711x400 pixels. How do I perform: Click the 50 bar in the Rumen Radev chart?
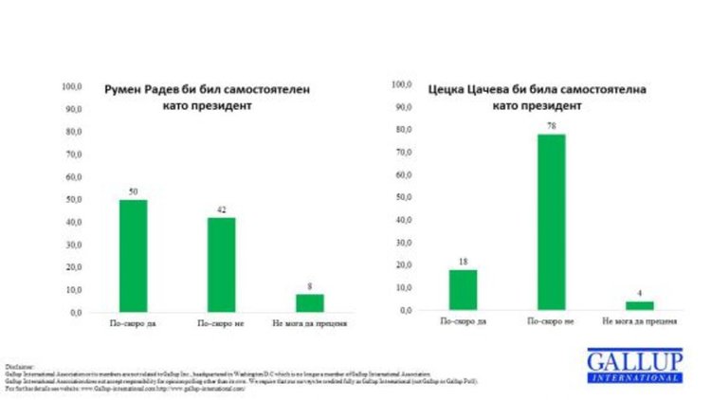(133, 256)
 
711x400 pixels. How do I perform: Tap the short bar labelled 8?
(309, 302)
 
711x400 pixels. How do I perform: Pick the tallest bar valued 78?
(552, 222)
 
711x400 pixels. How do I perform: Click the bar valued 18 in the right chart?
(463, 289)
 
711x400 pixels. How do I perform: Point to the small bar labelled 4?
(640, 305)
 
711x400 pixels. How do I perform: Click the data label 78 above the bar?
(552, 126)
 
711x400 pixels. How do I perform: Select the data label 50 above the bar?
(133, 191)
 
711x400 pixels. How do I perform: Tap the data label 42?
(221, 209)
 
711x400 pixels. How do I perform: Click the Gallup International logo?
(633, 366)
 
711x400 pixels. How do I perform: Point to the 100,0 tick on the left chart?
(73, 86)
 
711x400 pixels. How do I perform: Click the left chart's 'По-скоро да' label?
(133, 325)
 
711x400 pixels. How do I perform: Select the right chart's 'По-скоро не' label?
(552, 323)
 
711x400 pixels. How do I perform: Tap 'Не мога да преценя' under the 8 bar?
(309, 325)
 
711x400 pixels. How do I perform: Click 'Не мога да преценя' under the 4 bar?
(640, 323)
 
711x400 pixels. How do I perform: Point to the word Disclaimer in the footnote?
(19, 363)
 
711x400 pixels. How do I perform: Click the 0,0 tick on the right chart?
(406, 310)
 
